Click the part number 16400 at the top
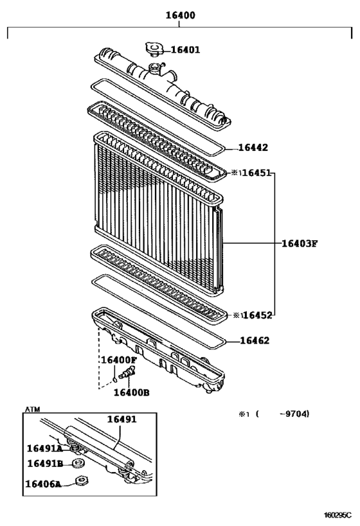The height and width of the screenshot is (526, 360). pyautogui.click(x=180, y=15)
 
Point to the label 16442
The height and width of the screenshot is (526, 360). pyautogui.click(x=253, y=147)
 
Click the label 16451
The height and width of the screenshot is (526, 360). pyautogui.click(x=256, y=173)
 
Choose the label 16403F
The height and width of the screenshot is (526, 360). pyautogui.click(x=300, y=243)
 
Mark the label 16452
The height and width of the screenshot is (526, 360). pyautogui.click(x=256, y=315)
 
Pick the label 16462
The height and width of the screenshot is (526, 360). pyautogui.click(x=255, y=341)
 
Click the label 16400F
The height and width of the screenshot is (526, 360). pyautogui.click(x=118, y=360)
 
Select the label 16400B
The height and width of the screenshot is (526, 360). pyautogui.click(x=131, y=392)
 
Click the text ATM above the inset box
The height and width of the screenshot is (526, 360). pyautogui.click(x=32, y=409)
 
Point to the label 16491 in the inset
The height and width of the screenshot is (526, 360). pyautogui.click(x=122, y=419)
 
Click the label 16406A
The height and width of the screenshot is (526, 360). pyautogui.click(x=44, y=484)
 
